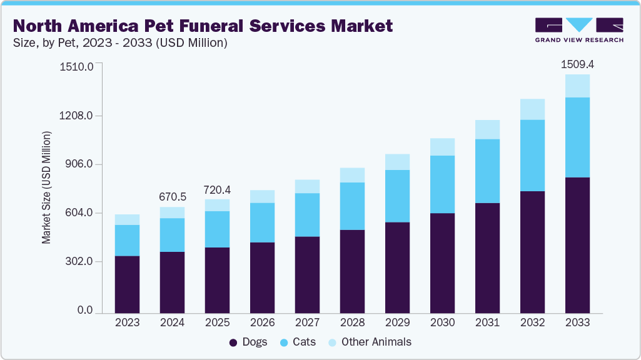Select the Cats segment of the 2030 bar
[x=442, y=184]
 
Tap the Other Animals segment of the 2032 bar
[x=532, y=109]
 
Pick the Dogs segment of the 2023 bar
[x=127, y=284]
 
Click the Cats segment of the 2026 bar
[x=262, y=222]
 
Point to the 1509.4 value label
[x=577, y=64]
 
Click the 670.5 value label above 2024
[x=172, y=196]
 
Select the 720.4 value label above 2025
[x=217, y=189]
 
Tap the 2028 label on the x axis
[x=352, y=322]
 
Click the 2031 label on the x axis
[x=487, y=322]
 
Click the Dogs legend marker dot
[x=233, y=342]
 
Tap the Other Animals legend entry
[x=368, y=342]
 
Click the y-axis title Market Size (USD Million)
[x=47, y=187]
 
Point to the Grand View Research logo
[x=579, y=29]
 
